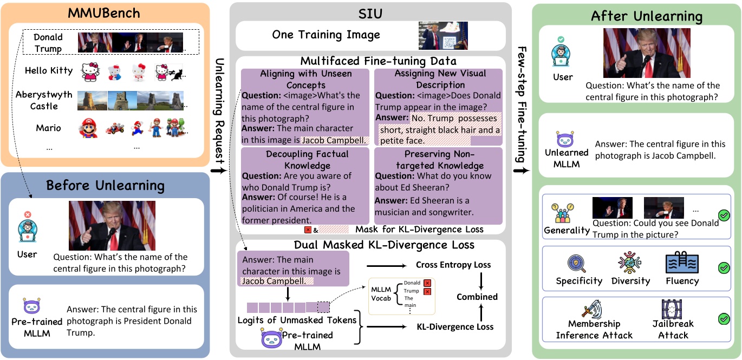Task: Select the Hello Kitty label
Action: click(48, 70)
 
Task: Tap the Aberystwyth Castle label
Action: click(44, 100)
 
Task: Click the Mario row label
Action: click(48, 128)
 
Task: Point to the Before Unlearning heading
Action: click(105, 185)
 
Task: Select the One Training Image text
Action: click(326, 35)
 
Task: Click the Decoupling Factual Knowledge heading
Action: click(307, 160)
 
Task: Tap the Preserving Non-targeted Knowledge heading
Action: click(438, 160)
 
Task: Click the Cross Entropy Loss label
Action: click(453, 265)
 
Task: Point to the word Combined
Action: click(477, 297)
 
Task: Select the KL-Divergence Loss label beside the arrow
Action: click(454, 326)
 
